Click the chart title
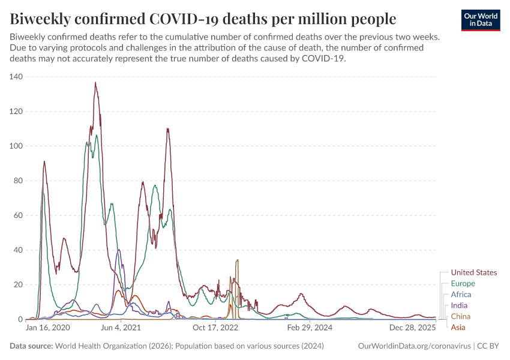coord(203,19)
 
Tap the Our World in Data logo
coord(481,20)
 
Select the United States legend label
coord(473,272)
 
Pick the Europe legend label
coord(463,283)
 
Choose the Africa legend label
coord(461,295)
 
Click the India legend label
coord(459,305)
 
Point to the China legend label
coord(460,316)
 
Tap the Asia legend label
coord(458,327)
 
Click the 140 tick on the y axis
coord(16,77)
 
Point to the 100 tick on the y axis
coord(16,146)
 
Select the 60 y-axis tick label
coord(18,215)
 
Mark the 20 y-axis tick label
coord(18,284)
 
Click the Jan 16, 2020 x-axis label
coord(48,328)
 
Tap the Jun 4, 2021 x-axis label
coord(121,328)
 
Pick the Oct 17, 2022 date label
coord(216,328)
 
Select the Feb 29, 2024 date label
coord(310,328)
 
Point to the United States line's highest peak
coord(95,83)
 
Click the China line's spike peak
coord(238,260)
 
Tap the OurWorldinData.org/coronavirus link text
coord(414,346)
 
